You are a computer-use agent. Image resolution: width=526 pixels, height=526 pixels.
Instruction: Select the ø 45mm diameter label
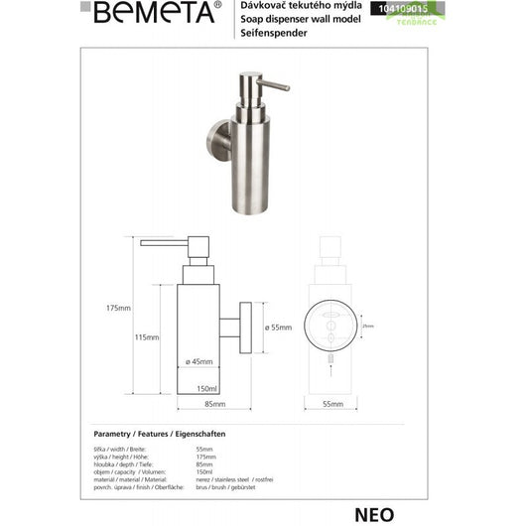coord(203,361)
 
